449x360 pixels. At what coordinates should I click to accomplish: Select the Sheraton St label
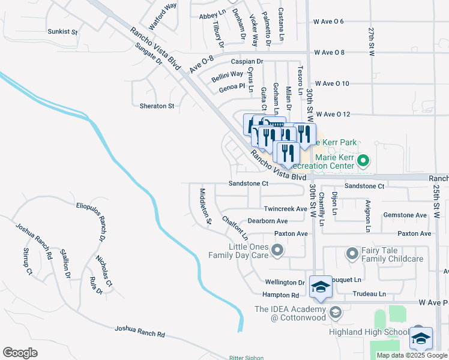157,106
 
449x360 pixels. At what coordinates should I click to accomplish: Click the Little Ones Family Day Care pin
277,250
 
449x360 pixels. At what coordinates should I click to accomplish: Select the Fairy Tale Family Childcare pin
352,254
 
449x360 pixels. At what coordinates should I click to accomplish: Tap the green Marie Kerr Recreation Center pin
363,161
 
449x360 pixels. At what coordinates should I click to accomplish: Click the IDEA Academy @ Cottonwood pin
336,312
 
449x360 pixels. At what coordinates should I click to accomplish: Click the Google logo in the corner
20,352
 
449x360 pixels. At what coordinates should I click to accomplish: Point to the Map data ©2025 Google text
411,355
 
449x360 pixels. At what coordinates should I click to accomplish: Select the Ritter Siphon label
246,358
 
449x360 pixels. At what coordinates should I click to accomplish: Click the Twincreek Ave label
285,209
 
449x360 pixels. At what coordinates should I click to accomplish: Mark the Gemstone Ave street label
405,215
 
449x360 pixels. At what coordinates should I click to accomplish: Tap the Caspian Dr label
247,61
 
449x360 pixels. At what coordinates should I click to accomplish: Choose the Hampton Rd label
280,295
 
